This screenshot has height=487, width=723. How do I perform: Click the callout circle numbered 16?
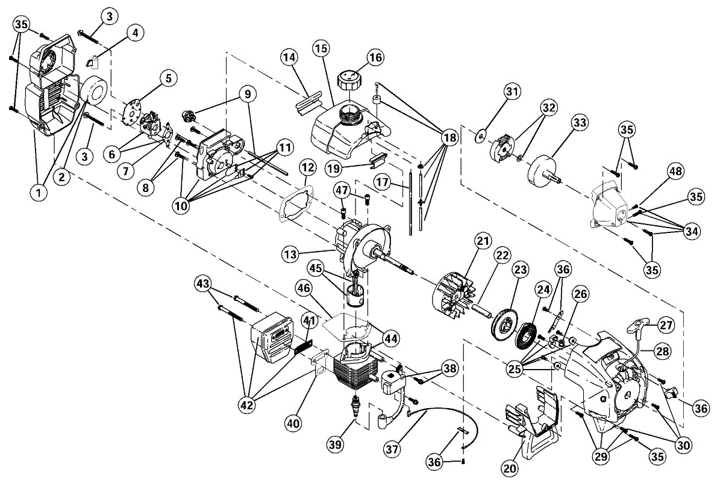pyautogui.click(x=375, y=58)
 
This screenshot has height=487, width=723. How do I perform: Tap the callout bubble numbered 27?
pyautogui.click(x=665, y=324)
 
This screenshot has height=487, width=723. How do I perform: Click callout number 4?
pyautogui.click(x=134, y=33)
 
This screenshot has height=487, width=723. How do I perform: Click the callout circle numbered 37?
pyautogui.click(x=392, y=449)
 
